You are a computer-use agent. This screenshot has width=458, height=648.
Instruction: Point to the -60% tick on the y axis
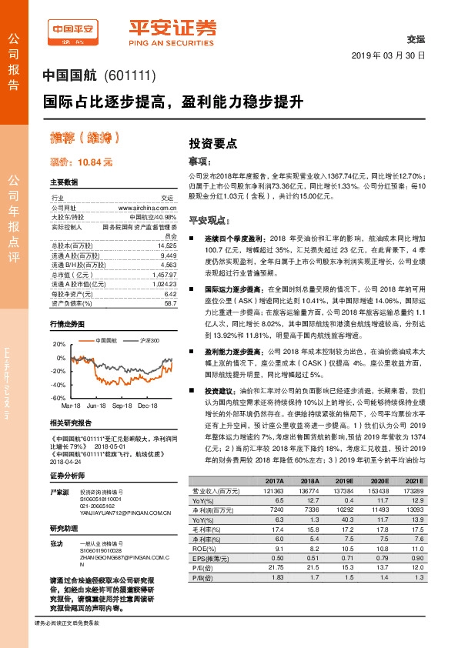pyautogui.click(x=59, y=398)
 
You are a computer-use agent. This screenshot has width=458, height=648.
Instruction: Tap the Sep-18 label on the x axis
pyautogui.click(x=122, y=405)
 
